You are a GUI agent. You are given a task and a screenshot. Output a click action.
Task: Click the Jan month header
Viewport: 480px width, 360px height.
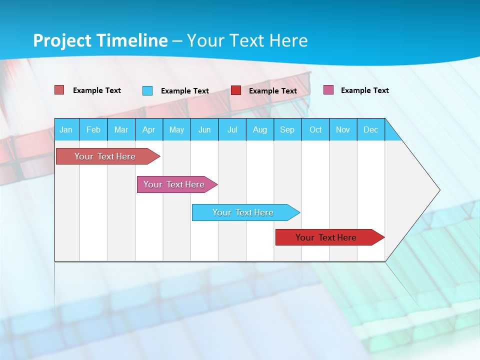66,129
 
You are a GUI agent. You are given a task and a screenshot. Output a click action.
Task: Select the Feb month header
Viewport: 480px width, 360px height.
93,129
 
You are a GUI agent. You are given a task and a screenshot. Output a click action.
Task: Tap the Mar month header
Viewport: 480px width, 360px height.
121,129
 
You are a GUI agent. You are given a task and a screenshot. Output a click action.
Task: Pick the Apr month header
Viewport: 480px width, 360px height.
149,129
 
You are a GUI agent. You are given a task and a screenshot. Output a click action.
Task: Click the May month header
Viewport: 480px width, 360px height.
176,129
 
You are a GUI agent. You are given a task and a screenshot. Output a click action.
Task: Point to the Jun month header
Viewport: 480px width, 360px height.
204,129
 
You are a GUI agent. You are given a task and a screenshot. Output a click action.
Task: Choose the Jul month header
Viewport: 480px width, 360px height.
232,129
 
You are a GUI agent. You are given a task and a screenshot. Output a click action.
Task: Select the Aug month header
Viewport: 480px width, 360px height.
260,129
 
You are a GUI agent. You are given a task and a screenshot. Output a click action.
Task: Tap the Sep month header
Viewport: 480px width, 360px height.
287,129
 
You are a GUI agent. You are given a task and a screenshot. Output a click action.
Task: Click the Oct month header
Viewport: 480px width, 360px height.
315,129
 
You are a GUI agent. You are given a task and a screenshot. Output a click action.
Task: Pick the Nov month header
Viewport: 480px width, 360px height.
343,129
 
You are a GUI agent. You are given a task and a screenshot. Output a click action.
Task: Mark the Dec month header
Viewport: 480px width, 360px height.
371,129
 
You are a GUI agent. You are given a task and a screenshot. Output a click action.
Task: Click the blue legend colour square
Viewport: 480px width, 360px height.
147,90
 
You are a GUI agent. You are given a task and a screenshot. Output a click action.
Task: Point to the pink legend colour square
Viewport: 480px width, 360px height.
328,90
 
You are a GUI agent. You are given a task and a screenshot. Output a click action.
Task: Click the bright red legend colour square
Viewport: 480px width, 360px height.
236,90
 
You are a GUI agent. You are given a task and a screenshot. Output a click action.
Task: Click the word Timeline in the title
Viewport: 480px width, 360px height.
132,40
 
